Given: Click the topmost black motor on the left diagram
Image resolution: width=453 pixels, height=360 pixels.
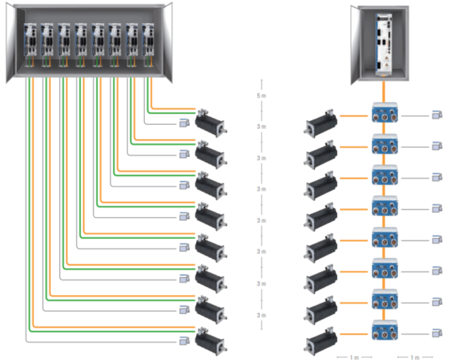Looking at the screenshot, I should point(211,124).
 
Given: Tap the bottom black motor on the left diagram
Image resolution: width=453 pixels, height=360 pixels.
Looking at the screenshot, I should point(211,339).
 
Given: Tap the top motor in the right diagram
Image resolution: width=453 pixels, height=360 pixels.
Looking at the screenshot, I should point(321,123).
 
